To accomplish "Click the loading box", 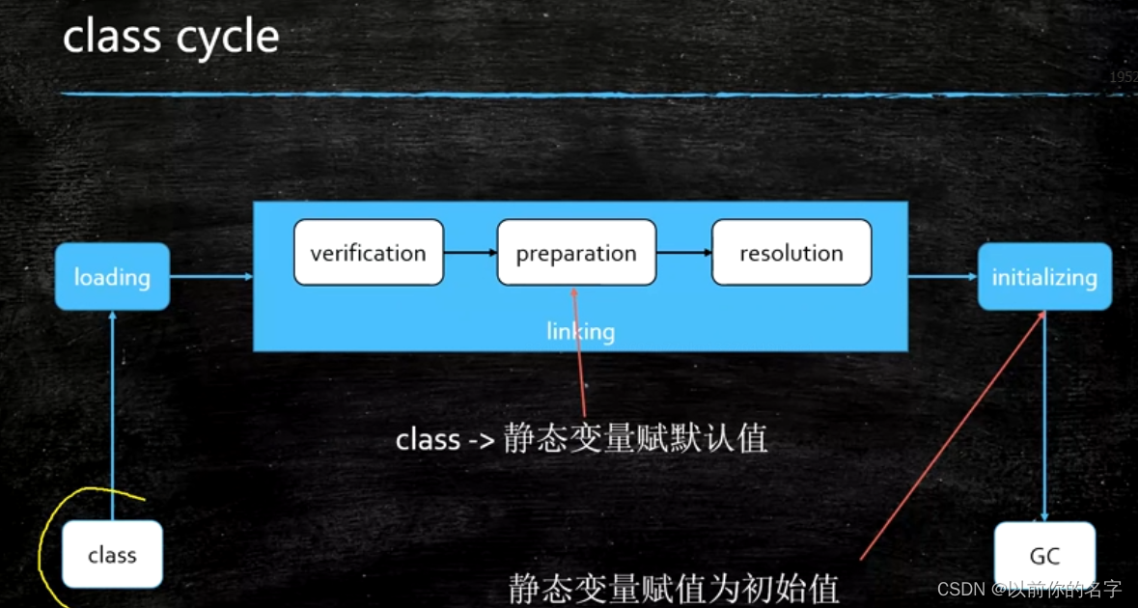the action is click(x=112, y=277).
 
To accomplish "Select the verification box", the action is click(x=368, y=253).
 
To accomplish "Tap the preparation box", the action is click(x=576, y=253).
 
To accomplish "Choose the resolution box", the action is click(x=791, y=253).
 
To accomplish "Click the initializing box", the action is click(x=1044, y=277).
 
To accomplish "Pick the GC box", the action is click(x=1044, y=555).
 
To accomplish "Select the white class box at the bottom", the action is click(x=112, y=555).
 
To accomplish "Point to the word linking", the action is click(x=580, y=332).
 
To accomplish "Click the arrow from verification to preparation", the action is click(x=470, y=253).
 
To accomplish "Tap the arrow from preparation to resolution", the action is click(x=683, y=253).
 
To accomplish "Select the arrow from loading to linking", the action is click(x=210, y=277).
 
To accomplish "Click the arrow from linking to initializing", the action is click(x=942, y=277).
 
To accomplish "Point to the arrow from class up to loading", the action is click(x=112, y=415).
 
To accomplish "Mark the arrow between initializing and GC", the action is click(x=1044, y=415).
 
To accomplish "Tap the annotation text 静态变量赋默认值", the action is click(x=635, y=439).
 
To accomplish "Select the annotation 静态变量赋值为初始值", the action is click(x=674, y=588).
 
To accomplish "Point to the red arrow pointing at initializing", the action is click(x=951, y=434).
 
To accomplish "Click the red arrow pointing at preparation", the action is click(x=580, y=347).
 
